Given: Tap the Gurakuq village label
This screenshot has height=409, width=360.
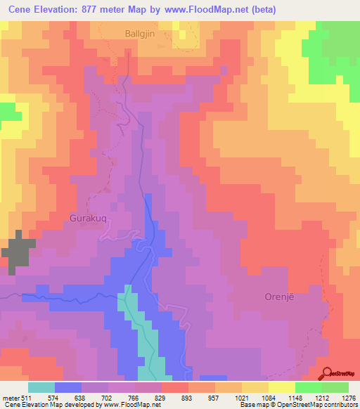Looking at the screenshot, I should [89, 218].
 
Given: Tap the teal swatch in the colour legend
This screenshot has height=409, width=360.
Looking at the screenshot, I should [41, 387].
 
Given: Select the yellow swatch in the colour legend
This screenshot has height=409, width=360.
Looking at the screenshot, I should [281, 387].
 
